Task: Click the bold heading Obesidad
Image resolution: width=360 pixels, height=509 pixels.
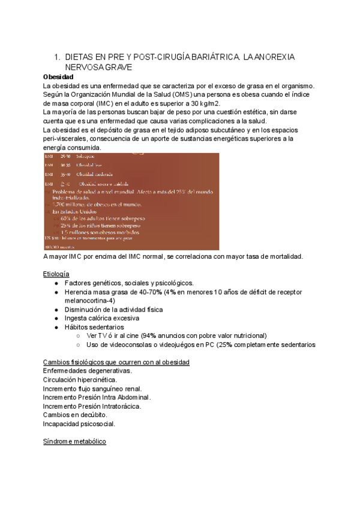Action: point(58,77)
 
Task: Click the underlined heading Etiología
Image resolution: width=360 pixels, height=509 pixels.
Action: point(56,274)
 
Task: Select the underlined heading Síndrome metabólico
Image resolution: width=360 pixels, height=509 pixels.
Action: point(74,441)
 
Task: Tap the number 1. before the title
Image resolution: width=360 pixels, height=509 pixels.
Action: point(58,57)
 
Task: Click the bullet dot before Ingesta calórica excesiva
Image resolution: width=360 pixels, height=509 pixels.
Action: point(56,318)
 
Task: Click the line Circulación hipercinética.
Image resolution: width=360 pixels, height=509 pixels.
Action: point(80,380)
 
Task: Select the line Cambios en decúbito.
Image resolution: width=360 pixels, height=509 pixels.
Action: point(75,415)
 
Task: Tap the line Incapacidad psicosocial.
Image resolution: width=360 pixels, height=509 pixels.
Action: point(79,424)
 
